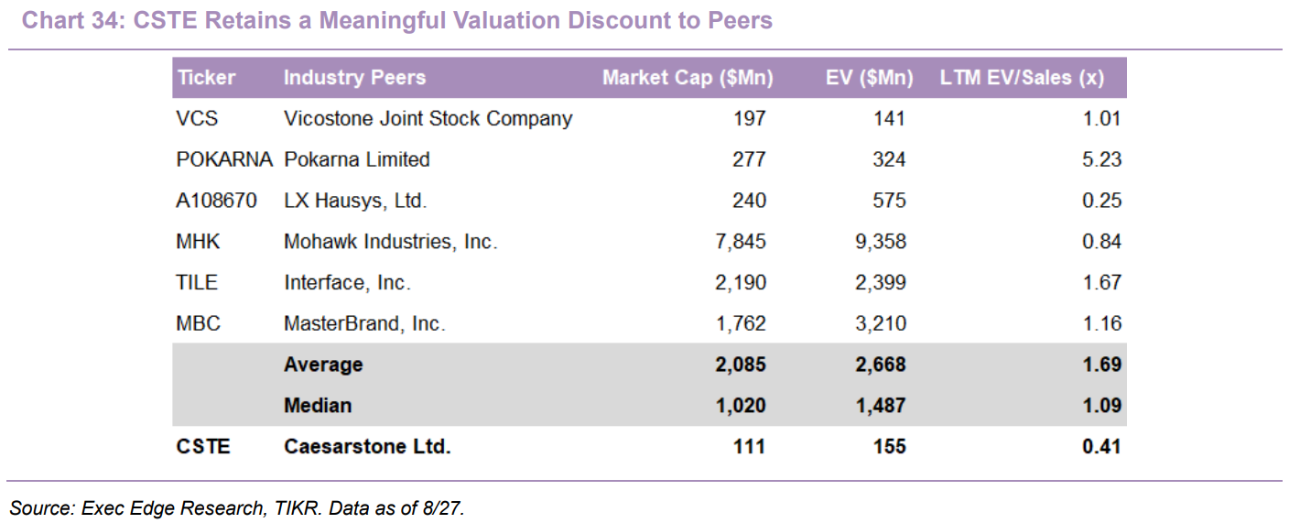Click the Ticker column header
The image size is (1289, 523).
pos(207,78)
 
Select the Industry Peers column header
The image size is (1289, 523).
pos(354,78)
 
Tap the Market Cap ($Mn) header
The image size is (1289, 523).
pos(688,78)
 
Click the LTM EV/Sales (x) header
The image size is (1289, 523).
pos(1022,78)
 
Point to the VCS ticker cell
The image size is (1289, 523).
pos(197,119)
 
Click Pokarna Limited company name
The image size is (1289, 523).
pos(357,159)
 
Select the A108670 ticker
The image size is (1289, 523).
pos(216,201)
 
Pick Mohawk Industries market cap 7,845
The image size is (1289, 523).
pos(741,242)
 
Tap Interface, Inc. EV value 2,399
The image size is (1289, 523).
pos(881,283)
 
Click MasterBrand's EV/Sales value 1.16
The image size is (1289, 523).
pos(1102,323)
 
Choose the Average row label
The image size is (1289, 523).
pos(323,365)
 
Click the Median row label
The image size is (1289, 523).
pos(318,406)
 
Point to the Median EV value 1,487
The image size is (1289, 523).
pos(881,406)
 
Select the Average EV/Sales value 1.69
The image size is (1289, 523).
pos(1102,365)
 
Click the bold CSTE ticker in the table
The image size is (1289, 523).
pos(203,447)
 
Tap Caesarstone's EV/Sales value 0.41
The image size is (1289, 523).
pos(1102,447)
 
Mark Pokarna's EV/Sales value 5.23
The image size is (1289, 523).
pos(1102,159)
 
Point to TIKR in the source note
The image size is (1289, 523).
pos(297,508)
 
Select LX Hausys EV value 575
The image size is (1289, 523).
pos(889,201)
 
